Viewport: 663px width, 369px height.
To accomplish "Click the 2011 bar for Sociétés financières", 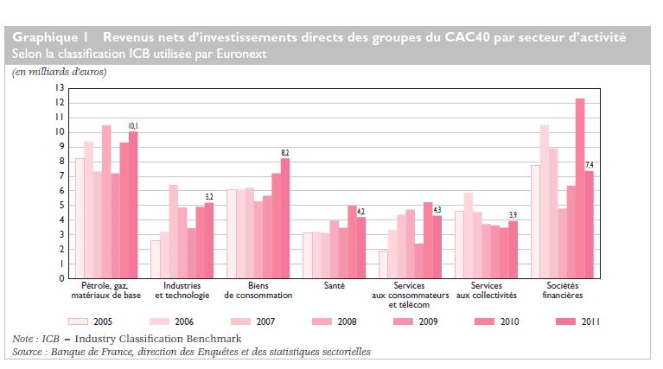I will (x=589, y=225).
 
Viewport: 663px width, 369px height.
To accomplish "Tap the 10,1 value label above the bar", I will (x=133, y=126).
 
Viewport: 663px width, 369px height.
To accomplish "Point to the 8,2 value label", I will (x=284, y=153).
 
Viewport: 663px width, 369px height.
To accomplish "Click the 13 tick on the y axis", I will (x=59, y=88).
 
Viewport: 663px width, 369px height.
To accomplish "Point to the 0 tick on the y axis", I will (x=61, y=279).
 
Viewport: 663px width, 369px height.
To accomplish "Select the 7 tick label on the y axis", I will (x=61, y=176).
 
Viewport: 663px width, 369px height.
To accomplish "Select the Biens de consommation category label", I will (x=258, y=289).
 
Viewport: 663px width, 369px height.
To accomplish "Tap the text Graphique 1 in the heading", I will (x=51, y=37).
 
